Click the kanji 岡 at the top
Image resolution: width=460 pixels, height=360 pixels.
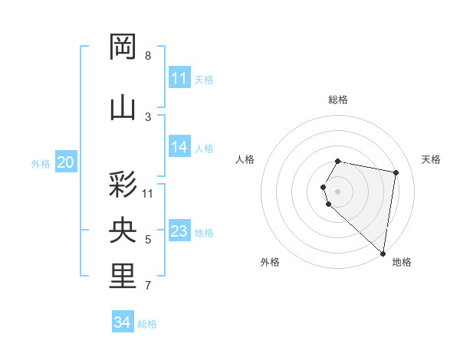(x=123, y=47)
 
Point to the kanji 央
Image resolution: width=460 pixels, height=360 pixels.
(x=123, y=231)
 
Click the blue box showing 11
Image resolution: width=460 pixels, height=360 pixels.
(x=179, y=78)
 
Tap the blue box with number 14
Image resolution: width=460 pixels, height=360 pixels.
(x=179, y=147)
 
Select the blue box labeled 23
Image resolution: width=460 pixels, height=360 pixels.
(x=179, y=231)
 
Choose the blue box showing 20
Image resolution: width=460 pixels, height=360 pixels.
(x=66, y=162)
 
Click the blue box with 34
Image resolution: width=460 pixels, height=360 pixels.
(x=123, y=322)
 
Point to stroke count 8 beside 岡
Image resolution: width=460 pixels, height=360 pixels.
(x=148, y=56)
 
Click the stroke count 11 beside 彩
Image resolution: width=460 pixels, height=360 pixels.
(x=148, y=193)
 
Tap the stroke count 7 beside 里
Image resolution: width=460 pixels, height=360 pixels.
(x=148, y=286)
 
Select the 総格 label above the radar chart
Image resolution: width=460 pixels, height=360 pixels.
(x=338, y=100)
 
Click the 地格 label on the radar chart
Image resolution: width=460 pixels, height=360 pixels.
(x=402, y=262)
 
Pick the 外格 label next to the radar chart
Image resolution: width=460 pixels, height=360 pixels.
(x=270, y=262)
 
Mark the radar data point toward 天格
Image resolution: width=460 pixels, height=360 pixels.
(x=396, y=173)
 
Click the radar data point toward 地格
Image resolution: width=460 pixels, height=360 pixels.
(x=383, y=254)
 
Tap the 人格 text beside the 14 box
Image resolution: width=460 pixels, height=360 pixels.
(x=204, y=148)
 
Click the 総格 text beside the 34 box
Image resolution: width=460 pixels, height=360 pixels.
(x=147, y=324)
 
